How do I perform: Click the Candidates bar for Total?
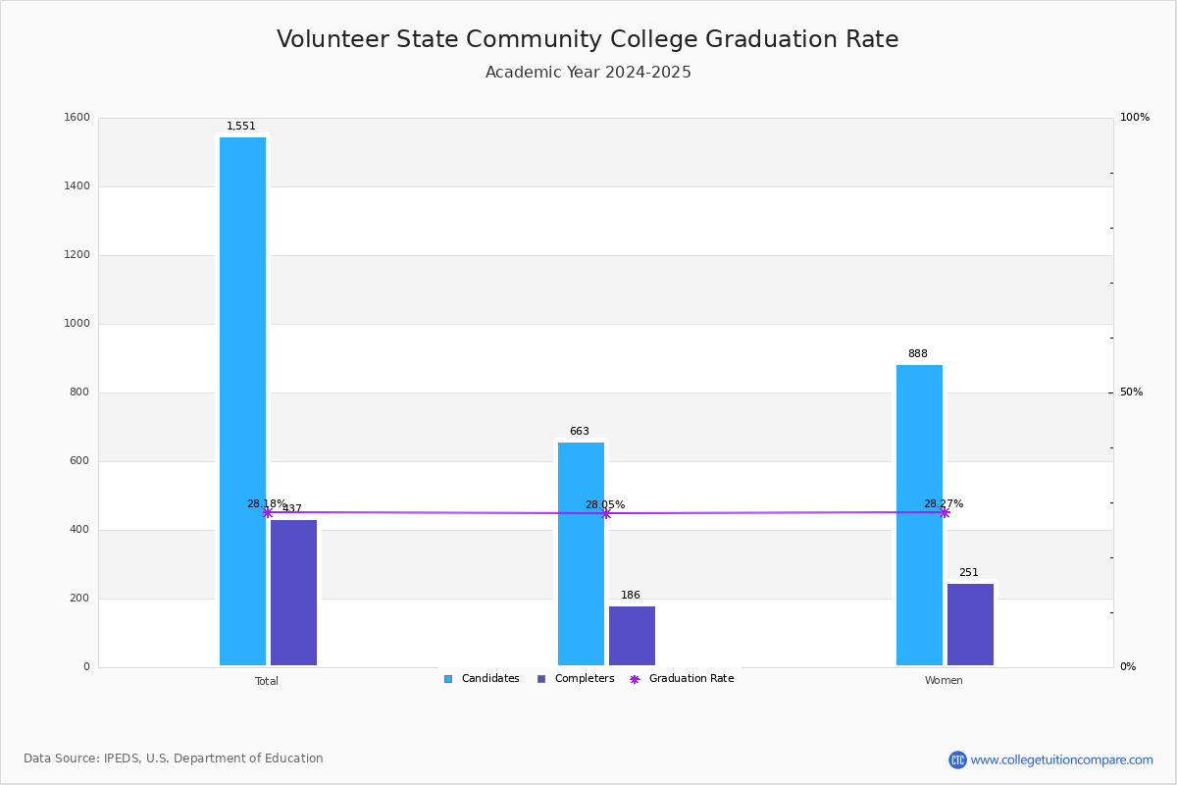pyautogui.click(x=242, y=401)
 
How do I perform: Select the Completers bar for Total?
pyautogui.click(x=293, y=593)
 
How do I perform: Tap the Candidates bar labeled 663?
pyautogui.click(x=581, y=553)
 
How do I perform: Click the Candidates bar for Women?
pyautogui.click(x=919, y=515)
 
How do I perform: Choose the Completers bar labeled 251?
pyautogui.click(x=970, y=624)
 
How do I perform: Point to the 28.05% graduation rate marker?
pyautogui.click(x=605, y=513)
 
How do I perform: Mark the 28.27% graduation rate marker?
pyautogui.click(x=944, y=512)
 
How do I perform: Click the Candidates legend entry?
pyautogui.click(x=482, y=679)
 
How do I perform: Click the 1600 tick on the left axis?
pyautogui.click(x=77, y=118)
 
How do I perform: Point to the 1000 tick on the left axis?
pyautogui.click(x=77, y=324)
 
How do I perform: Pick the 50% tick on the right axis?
pyautogui.click(x=1131, y=392)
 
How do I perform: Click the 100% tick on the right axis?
pyautogui.click(x=1134, y=118)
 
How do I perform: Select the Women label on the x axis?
pyautogui.click(x=944, y=681)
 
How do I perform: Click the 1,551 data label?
pyautogui.click(x=241, y=127)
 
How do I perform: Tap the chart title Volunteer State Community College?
pyautogui.click(x=588, y=39)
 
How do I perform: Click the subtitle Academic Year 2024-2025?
pyautogui.click(x=588, y=73)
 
